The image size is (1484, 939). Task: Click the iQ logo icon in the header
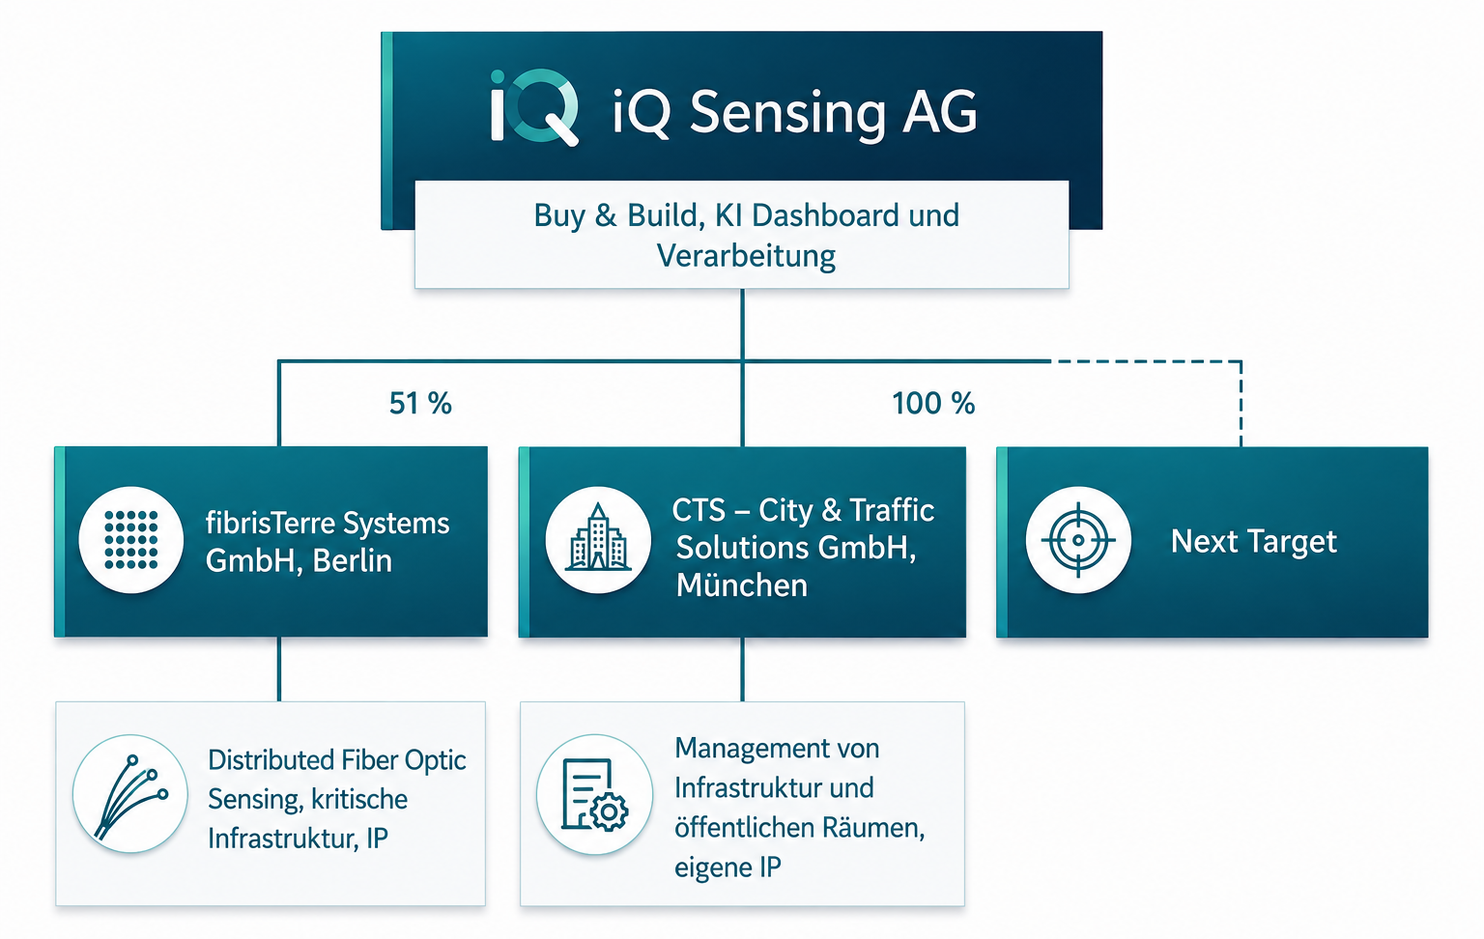534,106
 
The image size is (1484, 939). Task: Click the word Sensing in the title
787,114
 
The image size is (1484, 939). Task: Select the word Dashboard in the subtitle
826,215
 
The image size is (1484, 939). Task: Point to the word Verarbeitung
746,256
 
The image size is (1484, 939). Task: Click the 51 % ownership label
420,403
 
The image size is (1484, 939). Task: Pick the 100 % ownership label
933,403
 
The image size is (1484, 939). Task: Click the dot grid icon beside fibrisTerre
131,540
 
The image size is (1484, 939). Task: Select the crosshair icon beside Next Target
1078,540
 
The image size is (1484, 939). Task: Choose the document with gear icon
594,794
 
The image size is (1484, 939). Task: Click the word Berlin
353,561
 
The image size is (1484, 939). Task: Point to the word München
742,585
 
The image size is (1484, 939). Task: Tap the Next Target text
1253,542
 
